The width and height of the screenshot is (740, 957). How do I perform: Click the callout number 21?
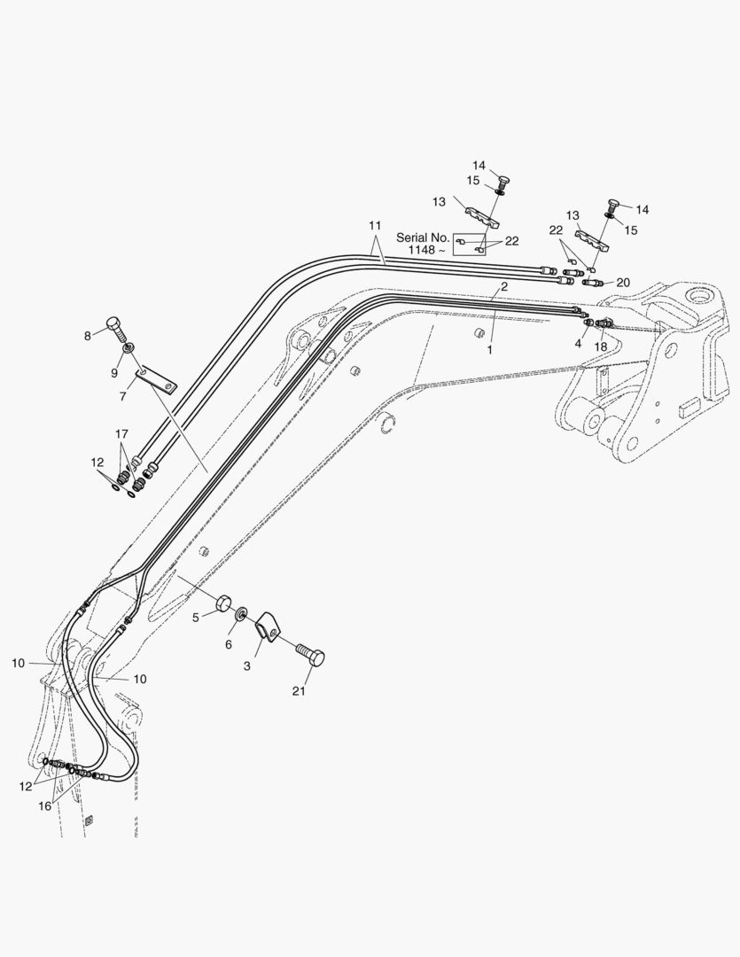point(299,691)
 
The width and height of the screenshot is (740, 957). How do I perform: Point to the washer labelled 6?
point(241,611)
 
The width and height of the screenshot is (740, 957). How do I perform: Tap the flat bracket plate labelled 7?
point(156,381)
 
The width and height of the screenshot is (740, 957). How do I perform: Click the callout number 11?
point(375,225)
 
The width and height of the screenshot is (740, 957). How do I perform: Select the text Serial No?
point(423,237)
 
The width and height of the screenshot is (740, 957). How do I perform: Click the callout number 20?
point(623,283)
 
